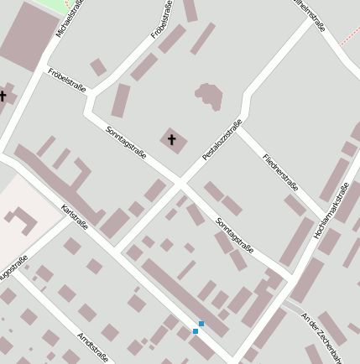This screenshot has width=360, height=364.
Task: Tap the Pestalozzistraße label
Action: [222, 139]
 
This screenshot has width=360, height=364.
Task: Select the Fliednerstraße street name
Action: [280, 172]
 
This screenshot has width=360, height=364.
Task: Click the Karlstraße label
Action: [75, 217]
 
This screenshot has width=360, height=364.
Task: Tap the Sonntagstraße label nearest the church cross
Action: [127, 142]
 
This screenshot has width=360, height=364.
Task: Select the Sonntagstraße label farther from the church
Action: [235, 235]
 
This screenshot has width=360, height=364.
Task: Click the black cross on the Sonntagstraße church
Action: [172, 139]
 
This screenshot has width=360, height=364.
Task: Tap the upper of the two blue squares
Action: [201, 324]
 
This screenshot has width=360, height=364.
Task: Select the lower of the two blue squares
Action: [196, 331]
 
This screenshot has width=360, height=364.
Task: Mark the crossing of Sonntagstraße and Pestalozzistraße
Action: [182, 181]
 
